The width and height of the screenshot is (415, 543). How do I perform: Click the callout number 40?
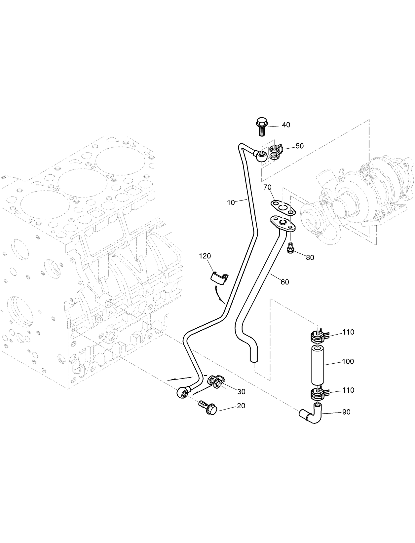(x=286, y=125)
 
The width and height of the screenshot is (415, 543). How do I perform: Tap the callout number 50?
(x=299, y=146)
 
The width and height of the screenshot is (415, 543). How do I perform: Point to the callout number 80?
(x=310, y=258)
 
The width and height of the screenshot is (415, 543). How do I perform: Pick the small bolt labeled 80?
(x=290, y=248)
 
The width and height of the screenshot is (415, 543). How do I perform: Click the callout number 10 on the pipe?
(x=231, y=202)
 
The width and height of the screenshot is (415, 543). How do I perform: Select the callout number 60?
(x=284, y=282)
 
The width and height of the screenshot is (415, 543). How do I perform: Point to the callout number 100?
(x=348, y=362)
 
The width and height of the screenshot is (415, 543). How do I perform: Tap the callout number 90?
(x=346, y=412)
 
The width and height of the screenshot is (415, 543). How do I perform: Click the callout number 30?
(x=241, y=392)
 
